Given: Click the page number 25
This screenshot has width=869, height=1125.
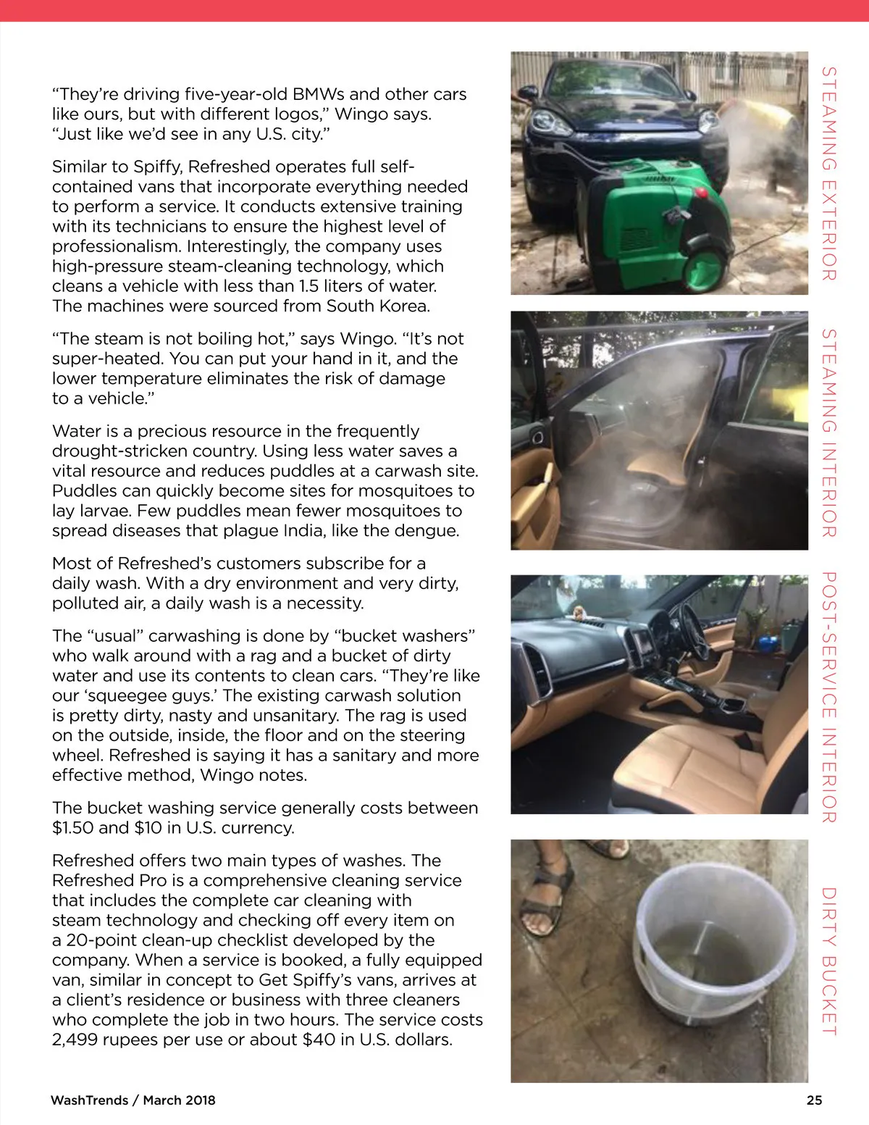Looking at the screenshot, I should (814, 1100).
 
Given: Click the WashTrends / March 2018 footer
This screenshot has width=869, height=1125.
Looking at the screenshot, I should (133, 1100).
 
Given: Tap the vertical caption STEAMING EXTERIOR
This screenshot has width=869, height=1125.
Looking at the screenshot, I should (829, 173).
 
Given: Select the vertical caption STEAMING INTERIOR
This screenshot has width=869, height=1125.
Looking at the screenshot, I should (829, 432).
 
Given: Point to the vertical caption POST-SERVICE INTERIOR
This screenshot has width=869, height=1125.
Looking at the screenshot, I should (829, 697).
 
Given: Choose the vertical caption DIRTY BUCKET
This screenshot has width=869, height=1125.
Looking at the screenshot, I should (829, 961).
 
